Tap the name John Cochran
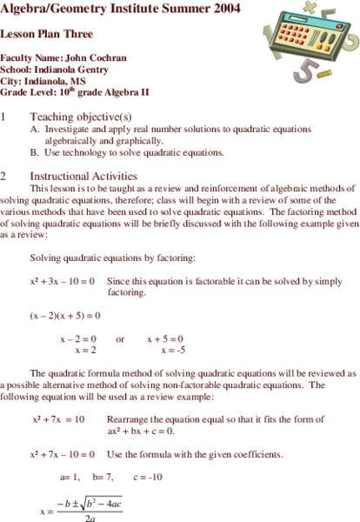(x=96, y=57)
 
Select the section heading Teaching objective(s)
(x=80, y=116)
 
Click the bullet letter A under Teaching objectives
(x=35, y=128)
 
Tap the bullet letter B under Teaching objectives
(x=35, y=151)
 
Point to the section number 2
(x=3, y=175)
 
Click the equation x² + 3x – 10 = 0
(x=62, y=282)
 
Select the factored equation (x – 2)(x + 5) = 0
(x=65, y=315)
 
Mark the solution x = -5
(x=173, y=350)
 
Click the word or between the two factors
(x=121, y=339)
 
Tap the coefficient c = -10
(x=149, y=478)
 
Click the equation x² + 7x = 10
(x=58, y=419)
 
